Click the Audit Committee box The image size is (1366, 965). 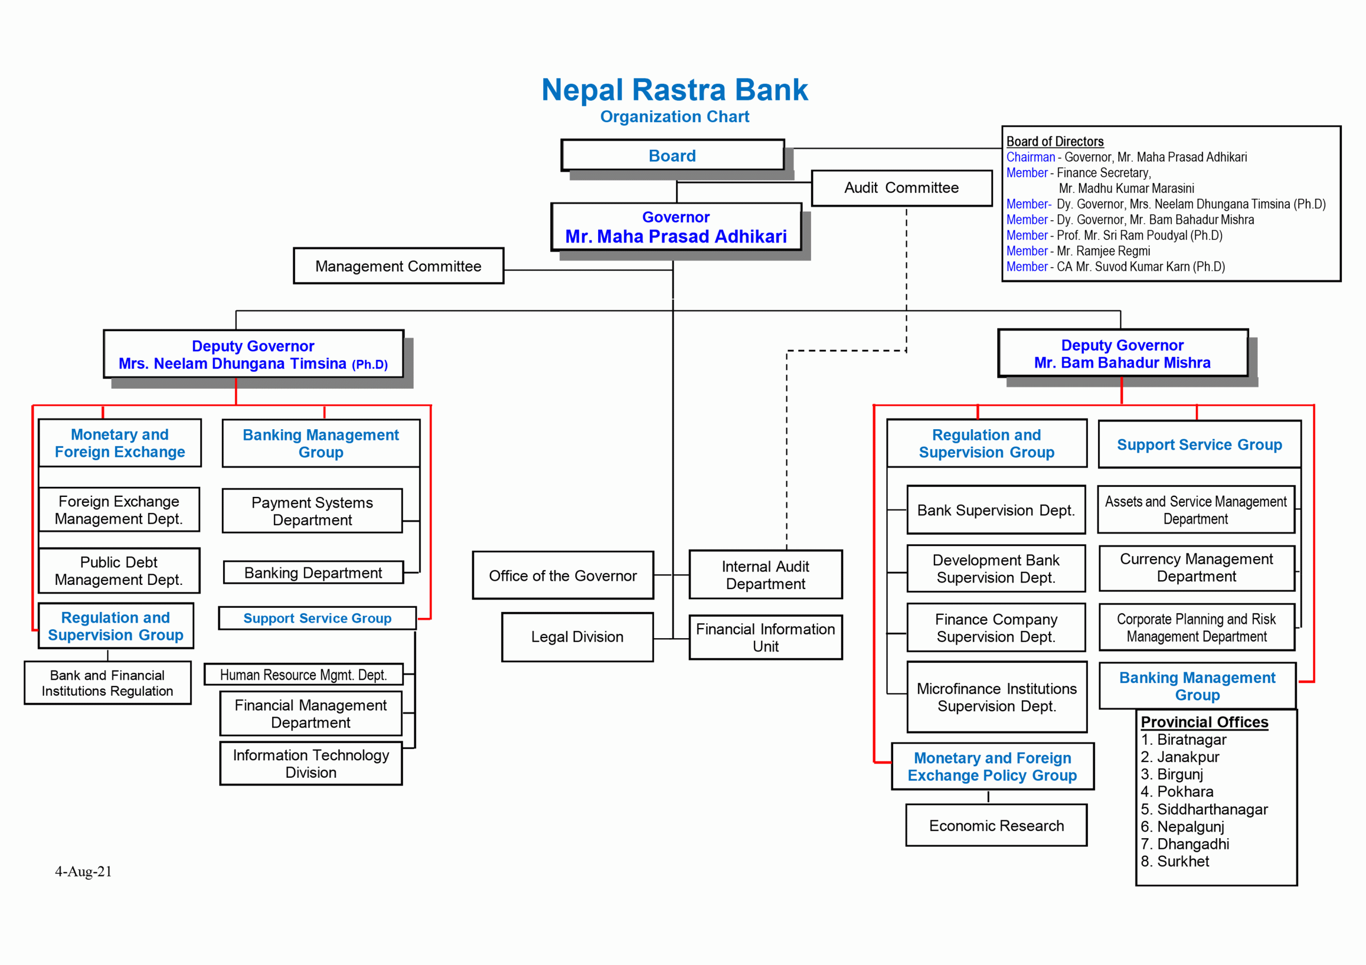point(901,188)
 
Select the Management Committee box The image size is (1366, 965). point(398,266)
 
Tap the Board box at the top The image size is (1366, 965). point(672,155)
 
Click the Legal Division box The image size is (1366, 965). point(577,637)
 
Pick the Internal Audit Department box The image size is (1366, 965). point(765,574)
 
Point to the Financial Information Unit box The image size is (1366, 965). point(765,638)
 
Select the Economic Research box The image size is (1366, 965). point(996,825)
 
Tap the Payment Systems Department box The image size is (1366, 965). point(312,511)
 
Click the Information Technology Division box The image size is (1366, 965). point(311,763)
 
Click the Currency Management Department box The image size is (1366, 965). point(1196,568)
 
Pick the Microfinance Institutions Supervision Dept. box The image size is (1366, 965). point(997,697)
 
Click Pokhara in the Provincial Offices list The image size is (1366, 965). point(1185,791)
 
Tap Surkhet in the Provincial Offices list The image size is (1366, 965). point(1183,861)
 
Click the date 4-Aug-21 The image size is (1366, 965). point(83,871)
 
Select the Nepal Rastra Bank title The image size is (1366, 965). point(674,90)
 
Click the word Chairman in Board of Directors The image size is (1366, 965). point(1030,157)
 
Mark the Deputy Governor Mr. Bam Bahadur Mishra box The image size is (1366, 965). point(1122,354)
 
